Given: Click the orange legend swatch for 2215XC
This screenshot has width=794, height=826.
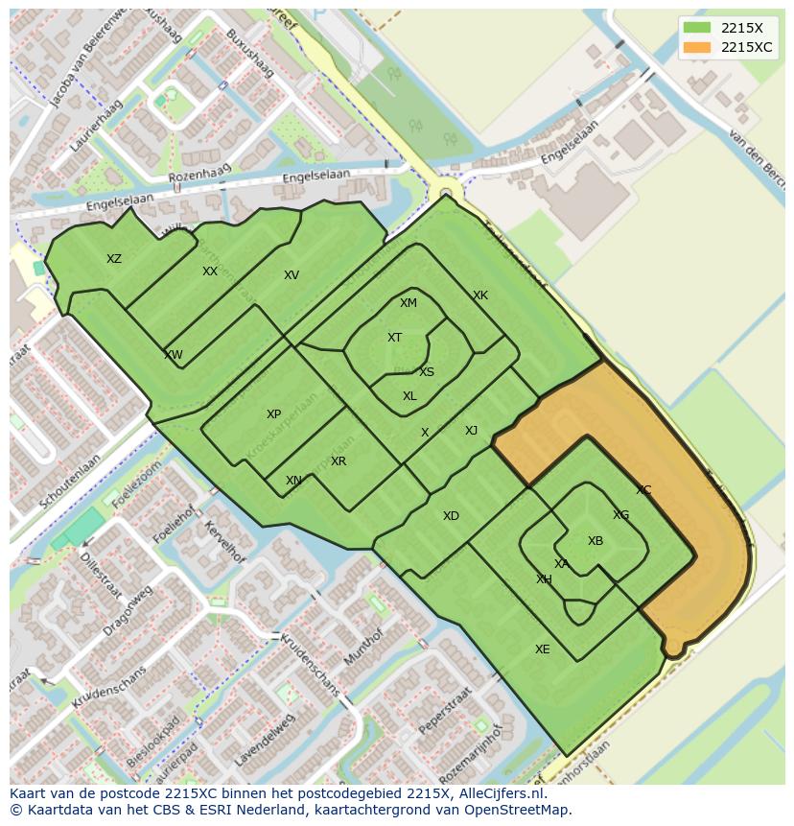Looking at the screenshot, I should click(x=697, y=47).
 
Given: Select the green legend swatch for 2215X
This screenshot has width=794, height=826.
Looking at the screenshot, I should click(x=697, y=28).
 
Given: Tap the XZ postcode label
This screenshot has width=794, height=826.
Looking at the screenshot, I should click(x=114, y=259).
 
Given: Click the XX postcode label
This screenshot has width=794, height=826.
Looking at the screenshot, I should click(x=210, y=271).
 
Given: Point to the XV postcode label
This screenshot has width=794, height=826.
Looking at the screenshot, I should click(x=292, y=275).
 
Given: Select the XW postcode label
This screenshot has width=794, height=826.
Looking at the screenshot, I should click(x=174, y=355).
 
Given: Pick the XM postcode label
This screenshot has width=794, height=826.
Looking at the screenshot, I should click(x=409, y=303).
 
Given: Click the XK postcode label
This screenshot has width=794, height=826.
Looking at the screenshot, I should click(x=480, y=295).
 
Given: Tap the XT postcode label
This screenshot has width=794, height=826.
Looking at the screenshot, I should click(x=394, y=338).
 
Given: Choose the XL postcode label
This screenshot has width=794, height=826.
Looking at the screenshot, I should click(x=409, y=396).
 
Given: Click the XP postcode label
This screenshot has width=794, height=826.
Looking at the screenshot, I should click(x=273, y=414).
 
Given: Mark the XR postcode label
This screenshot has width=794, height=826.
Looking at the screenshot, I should click(x=339, y=461).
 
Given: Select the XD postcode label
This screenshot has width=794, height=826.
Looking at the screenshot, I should click(x=451, y=516).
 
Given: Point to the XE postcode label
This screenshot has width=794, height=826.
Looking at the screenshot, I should click(x=543, y=649).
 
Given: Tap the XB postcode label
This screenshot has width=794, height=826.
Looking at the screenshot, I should click(x=595, y=541).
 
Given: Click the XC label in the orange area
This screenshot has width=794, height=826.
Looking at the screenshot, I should click(x=643, y=490).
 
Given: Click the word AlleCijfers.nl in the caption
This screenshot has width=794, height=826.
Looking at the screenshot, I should click(x=500, y=793).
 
